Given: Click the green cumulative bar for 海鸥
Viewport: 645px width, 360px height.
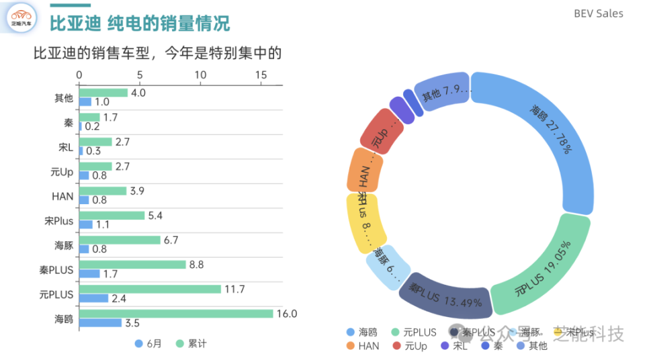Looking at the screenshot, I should tap(176, 314).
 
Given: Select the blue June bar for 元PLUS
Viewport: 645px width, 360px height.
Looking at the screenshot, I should tap(93, 298).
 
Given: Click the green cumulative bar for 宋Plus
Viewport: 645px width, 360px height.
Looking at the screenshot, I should tap(112, 216).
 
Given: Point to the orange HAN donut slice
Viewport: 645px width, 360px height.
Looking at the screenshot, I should tap(364, 171).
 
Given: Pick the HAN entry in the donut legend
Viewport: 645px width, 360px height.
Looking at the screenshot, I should tap(363, 346).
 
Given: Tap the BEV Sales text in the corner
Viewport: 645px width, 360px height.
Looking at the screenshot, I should tap(598, 13).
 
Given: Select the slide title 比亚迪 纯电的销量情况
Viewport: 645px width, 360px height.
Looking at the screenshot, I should tap(140, 24).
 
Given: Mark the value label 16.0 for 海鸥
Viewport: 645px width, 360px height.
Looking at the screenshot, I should tap(287, 314).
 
